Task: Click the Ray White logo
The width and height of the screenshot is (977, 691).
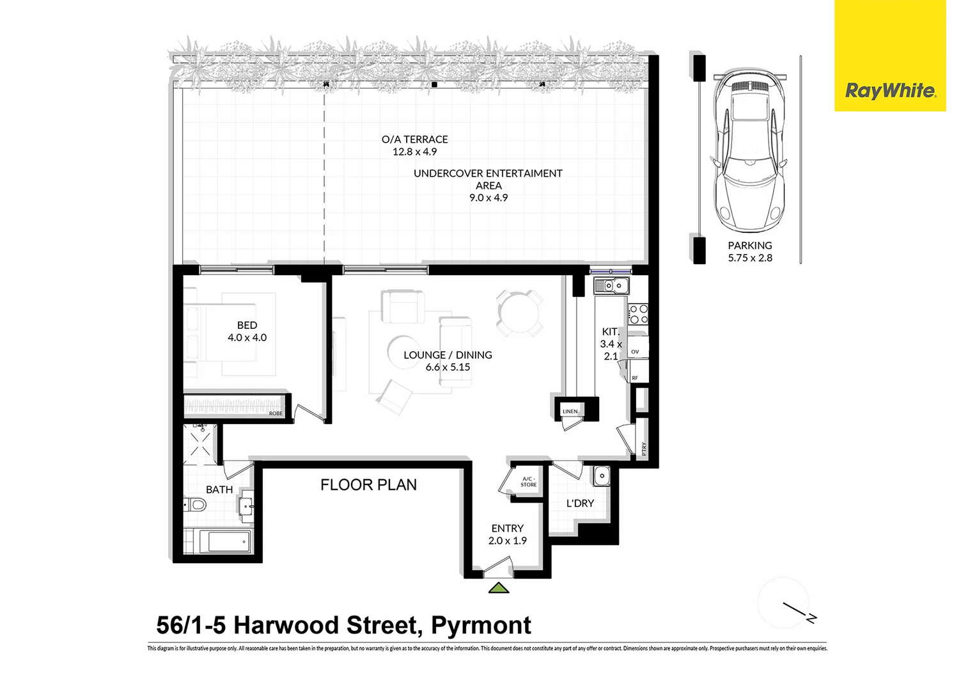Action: pyautogui.click(x=890, y=91)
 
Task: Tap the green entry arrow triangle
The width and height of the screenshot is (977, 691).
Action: pyautogui.click(x=499, y=588)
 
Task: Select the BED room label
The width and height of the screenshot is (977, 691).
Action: pyautogui.click(x=247, y=326)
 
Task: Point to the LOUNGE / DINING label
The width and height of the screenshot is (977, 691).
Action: pyautogui.click(x=448, y=355)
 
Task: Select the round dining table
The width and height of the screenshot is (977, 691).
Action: pyautogui.click(x=519, y=313)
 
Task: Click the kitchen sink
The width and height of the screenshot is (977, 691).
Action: pyautogui.click(x=612, y=285)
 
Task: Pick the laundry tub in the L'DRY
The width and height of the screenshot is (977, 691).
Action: pyautogui.click(x=602, y=476)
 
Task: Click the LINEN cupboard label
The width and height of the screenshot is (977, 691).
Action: pyautogui.click(x=570, y=411)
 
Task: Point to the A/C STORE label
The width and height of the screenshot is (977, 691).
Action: pyautogui.click(x=529, y=482)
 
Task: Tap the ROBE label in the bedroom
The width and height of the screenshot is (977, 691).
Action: pyautogui.click(x=276, y=413)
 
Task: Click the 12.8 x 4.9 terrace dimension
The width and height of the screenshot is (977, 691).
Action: pyautogui.click(x=414, y=152)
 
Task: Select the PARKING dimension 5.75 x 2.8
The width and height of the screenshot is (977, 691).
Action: pyautogui.click(x=750, y=258)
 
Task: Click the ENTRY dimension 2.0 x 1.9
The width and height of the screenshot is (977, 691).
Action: pyautogui.click(x=508, y=541)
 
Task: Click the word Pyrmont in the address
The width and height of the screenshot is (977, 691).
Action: pyautogui.click(x=481, y=625)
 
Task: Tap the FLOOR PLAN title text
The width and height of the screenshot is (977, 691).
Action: pyautogui.click(x=368, y=485)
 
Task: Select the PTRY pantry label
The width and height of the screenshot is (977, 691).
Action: pyautogui.click(x=644, y=449)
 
